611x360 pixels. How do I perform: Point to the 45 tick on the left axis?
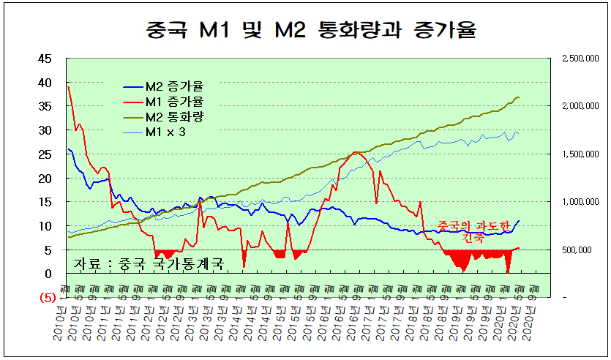[45, 59]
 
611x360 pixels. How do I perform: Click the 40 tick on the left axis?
[45, 83]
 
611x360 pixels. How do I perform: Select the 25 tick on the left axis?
[45, 154]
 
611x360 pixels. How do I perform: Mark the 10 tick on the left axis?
[45, 226]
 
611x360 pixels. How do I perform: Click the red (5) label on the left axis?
[46, 298]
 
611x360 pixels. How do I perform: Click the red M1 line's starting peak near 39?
[68, 87]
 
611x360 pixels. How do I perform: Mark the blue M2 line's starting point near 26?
[68, 149]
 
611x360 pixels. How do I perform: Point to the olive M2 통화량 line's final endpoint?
[519, 97]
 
